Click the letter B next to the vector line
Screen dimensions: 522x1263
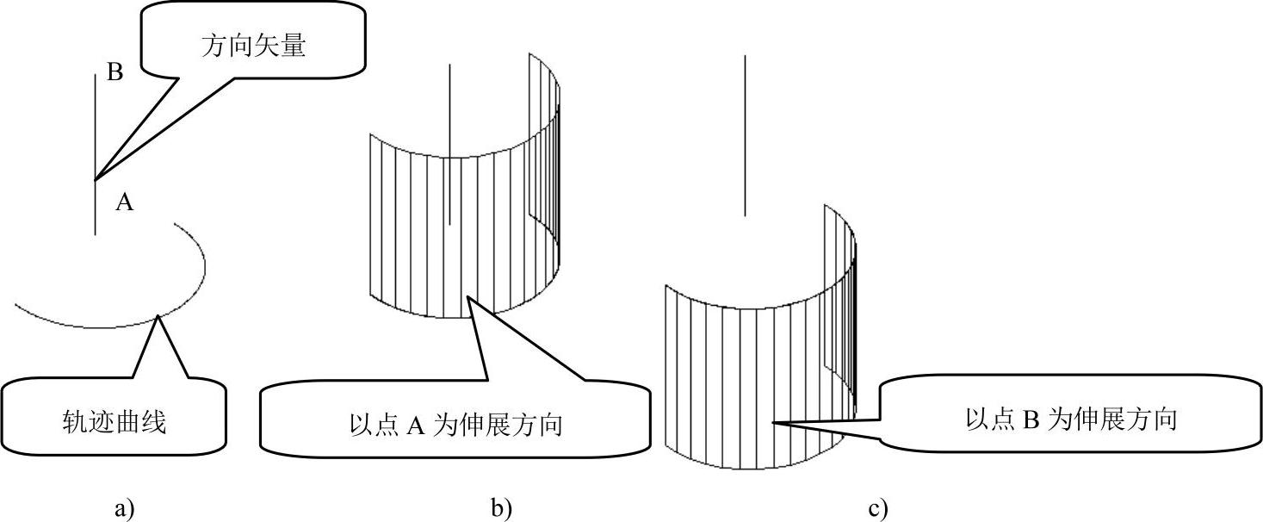tap(115, 73)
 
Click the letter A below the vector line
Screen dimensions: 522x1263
tap(125, 202)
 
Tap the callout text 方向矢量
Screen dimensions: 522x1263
tap(254, 46)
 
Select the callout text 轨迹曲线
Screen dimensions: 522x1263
tap(114, 422)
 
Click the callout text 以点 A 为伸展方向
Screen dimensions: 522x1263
tap(456, 425)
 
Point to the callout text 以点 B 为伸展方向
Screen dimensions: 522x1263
tap(1071, 420)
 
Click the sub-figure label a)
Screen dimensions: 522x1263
tap(125, 508)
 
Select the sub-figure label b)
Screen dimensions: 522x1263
tap(502, 508)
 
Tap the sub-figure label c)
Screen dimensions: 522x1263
tap(878, 508)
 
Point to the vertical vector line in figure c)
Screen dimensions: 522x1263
tap(745, 129)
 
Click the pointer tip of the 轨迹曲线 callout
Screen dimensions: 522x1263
tap(158, 317)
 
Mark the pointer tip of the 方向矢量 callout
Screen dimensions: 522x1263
tap(96, 180)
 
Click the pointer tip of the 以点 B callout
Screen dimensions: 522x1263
tap(771, 422)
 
